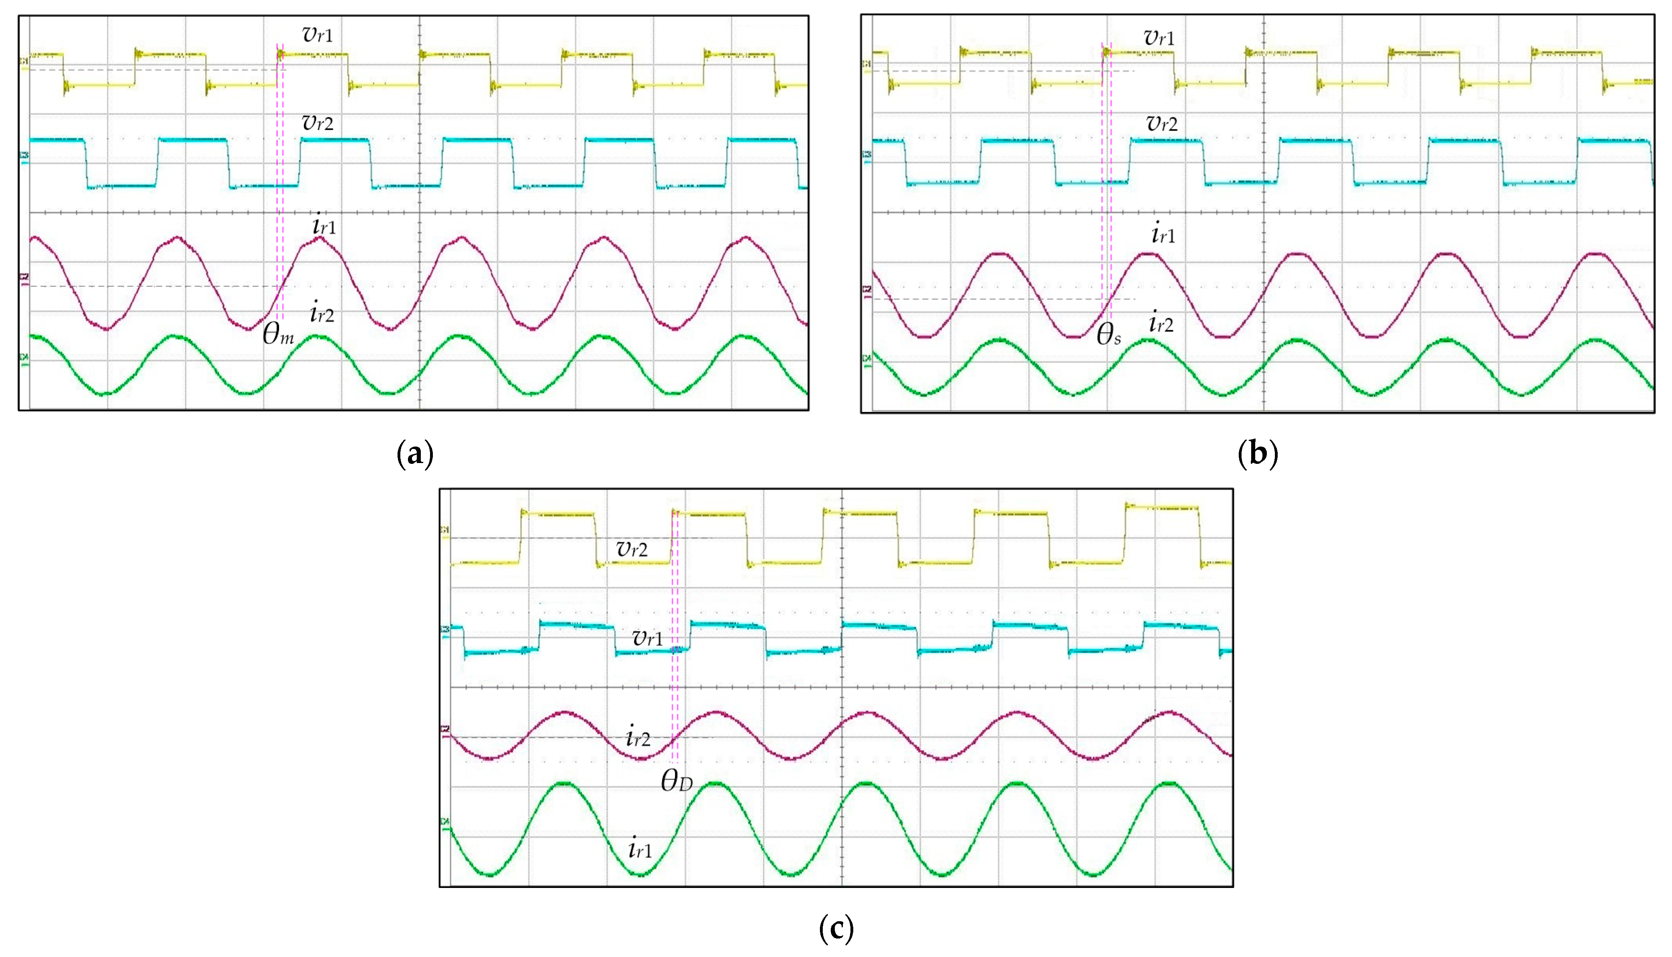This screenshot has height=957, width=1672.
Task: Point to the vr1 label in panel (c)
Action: tap(647, 638)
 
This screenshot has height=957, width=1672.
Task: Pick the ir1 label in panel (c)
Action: tap(640, 850)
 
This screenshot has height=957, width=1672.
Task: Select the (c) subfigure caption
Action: tap(836, 929)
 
